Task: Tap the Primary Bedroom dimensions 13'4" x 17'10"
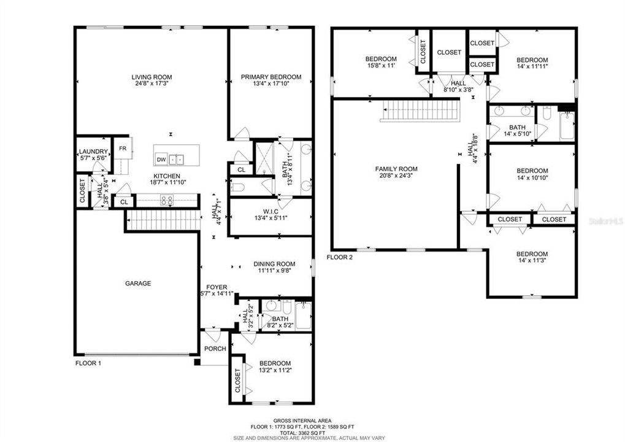pyautogui.click(x=270, y=84)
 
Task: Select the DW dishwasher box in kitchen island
pyautogui.click(x=161, y=160)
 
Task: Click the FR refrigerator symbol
pyautogui.click(x=122, y=149)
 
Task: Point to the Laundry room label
pyautogui.click(x=94, y=152)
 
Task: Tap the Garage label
pyautogui.click(x=138, y=284)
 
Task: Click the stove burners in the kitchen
pyautogui.click(x=167, y=200)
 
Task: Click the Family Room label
pyautogui.click(x=396, y=169)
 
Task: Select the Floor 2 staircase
pyautogui.click(x=420, y=111)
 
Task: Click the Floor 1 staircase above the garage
pyautogui.click(x=163, y=220)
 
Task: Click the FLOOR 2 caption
pyautogui.click(x=340, y=257)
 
